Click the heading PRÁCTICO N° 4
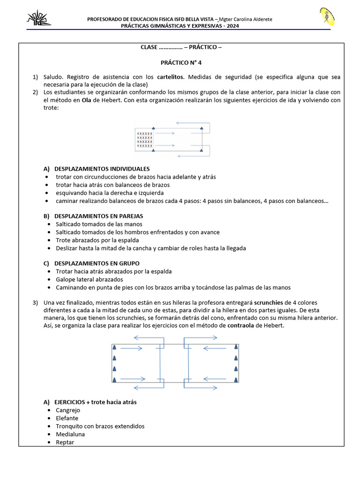coord(181,62)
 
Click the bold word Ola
coord(86,100)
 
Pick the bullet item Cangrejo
coord(67,410)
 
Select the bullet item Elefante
coord(67,418)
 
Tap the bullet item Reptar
coord(65,442)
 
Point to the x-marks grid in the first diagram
coord(144,140)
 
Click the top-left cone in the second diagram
coord(114,348)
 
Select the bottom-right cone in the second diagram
coord(236,379)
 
